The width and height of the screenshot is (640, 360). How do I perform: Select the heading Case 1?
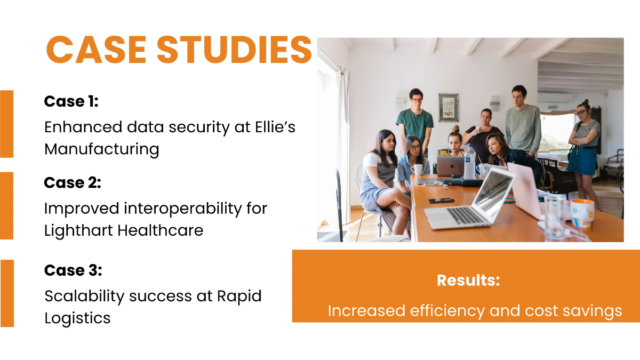71,101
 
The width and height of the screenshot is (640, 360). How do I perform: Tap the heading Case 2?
72,183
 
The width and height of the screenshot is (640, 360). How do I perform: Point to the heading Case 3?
73,270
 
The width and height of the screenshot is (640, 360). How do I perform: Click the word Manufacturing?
101,149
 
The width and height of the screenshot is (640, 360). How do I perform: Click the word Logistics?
77,318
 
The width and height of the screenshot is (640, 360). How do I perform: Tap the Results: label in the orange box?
468,281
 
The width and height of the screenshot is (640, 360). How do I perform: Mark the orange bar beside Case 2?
6,205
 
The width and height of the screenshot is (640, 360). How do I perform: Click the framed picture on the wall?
448,107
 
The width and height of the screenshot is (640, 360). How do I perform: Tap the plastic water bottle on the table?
469,163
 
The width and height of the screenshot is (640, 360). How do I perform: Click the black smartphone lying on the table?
441,201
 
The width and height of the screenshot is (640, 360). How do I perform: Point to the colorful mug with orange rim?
582,213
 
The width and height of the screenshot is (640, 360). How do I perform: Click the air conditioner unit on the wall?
554,98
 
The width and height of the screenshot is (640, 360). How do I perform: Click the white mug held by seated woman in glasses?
418,170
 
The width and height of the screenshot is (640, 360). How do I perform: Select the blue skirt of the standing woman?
582,161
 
